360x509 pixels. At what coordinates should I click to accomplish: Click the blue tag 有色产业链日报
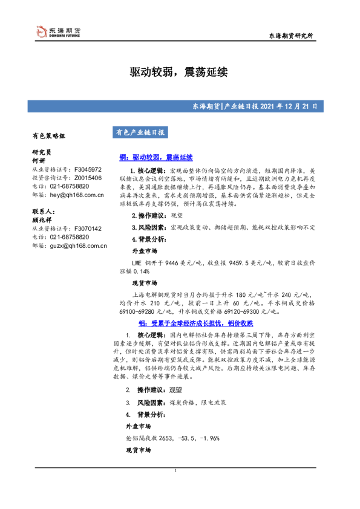[139, 132]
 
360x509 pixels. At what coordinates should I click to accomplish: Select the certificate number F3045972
[88, 170]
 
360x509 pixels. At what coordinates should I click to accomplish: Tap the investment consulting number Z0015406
[88, 178]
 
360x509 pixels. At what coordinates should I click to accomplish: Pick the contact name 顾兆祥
[41, 220]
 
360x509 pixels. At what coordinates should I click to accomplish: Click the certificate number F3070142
[88, 229]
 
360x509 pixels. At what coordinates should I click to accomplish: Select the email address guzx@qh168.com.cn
[78, 245]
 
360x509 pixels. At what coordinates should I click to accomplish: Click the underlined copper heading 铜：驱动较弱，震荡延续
[156, 157]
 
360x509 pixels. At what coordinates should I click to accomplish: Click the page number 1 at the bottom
[175, 470]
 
